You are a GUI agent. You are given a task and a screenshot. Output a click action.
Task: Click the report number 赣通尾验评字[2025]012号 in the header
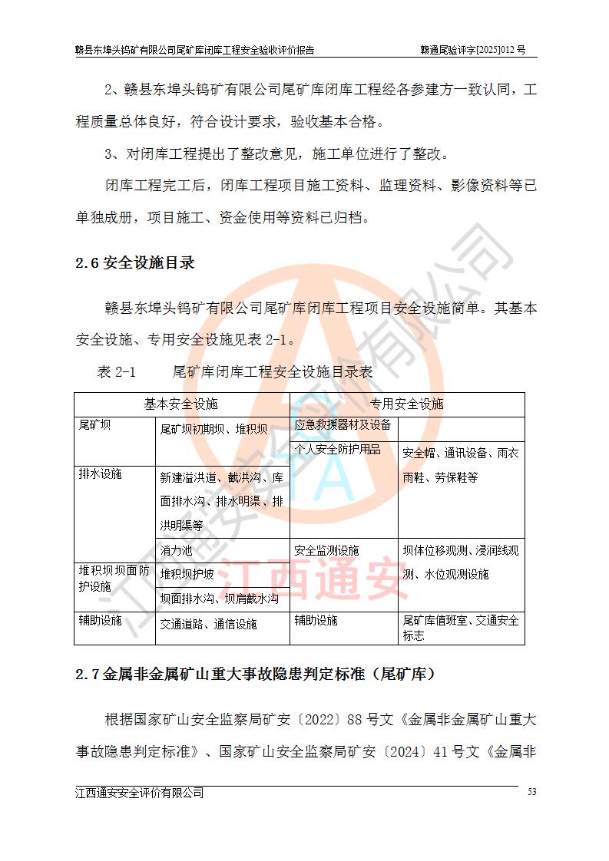pos(472,50)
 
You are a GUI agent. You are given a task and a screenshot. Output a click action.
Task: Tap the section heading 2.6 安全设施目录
pos(134,263)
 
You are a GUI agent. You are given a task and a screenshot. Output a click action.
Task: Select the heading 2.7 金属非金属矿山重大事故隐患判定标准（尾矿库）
pos(256,675)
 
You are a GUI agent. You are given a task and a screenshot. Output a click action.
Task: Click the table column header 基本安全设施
pos(181,404)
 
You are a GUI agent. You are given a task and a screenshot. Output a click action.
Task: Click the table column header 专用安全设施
pos(407,404)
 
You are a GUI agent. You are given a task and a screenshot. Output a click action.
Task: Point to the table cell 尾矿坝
pos(94,425)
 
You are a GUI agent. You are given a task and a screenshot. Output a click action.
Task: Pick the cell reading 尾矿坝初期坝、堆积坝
pos(213,429)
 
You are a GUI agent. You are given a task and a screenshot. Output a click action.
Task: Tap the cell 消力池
pos(177,550)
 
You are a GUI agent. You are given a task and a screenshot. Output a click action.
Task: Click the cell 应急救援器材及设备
pos(343,424)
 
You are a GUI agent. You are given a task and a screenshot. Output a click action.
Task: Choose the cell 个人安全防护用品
pos(337,449)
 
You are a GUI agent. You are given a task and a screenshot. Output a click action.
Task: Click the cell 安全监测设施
pos(326,550)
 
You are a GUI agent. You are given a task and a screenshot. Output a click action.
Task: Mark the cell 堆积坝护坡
pos(187,573)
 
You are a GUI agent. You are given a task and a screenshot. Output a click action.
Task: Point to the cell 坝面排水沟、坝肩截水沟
pos(220,599)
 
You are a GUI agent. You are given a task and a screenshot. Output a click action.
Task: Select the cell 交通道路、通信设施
pos(208,624)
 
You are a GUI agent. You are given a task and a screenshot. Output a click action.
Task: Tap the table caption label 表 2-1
pos(116,372)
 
